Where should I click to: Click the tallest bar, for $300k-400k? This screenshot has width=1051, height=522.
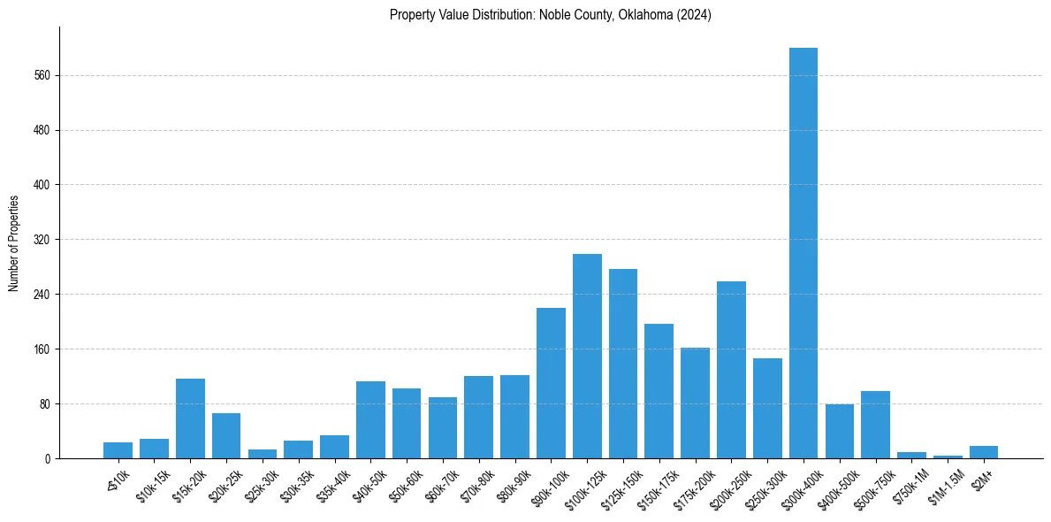803,253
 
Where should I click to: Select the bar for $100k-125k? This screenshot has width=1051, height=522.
587,356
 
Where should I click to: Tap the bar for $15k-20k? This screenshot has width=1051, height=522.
190,418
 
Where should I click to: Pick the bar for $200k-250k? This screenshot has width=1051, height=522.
731,370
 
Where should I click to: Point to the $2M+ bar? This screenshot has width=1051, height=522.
983,452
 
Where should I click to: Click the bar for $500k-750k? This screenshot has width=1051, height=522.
875,425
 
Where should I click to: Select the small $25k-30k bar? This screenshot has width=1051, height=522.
263,454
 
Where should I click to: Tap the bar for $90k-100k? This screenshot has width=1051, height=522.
551,383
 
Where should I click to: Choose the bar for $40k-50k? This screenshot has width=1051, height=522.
370,419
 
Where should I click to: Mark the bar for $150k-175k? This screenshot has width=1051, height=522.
659,391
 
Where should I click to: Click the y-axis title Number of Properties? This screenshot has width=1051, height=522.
14,242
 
